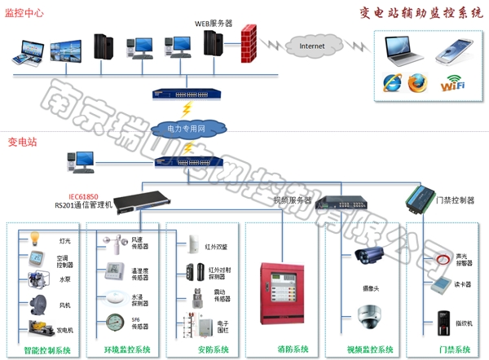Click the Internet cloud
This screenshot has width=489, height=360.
pos(311,46)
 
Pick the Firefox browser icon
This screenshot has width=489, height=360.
pos(417,81)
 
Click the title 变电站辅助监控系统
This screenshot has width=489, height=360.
pos(421,12)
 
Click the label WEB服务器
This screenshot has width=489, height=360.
pos(214,24)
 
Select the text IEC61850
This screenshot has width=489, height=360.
pos(73,197)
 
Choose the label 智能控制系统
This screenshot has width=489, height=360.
pos(49,349)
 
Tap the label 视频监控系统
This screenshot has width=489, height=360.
pos(369,349)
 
